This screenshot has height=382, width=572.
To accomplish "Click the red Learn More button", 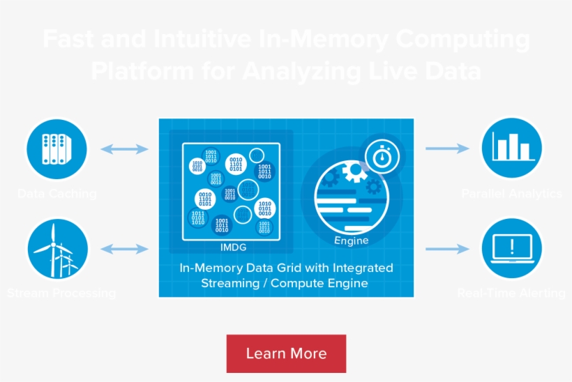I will click(x=286, y=353).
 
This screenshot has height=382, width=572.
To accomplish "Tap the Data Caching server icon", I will click(x=57, y=148).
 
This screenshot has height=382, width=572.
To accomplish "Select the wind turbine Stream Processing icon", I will click(x=57, y=249).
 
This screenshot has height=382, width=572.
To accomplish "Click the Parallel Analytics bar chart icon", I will click(x=513, y=148).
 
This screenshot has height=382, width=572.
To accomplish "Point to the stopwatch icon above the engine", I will click(x=381, y=156).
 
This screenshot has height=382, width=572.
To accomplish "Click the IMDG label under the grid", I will click(x=232, y=247).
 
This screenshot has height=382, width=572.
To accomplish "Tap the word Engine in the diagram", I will click(x=351, y=241).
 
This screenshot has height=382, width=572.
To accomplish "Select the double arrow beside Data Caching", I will click(x=124, y=148).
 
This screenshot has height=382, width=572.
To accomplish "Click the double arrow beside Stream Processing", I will click(x=124, y=249).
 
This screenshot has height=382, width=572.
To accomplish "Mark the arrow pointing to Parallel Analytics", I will click(x=447, y=148).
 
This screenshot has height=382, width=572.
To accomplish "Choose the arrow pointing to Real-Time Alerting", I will click(x=447, y=249).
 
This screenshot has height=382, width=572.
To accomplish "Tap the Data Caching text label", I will click(x=57, y=194).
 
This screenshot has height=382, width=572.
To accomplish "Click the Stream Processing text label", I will click(x=61, y=293).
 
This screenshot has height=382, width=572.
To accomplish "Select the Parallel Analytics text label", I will click(x=511, y=194).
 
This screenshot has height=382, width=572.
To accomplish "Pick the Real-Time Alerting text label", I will click(x=511, y=293).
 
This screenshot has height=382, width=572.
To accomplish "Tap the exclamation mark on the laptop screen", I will click(x=513, y=245).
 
